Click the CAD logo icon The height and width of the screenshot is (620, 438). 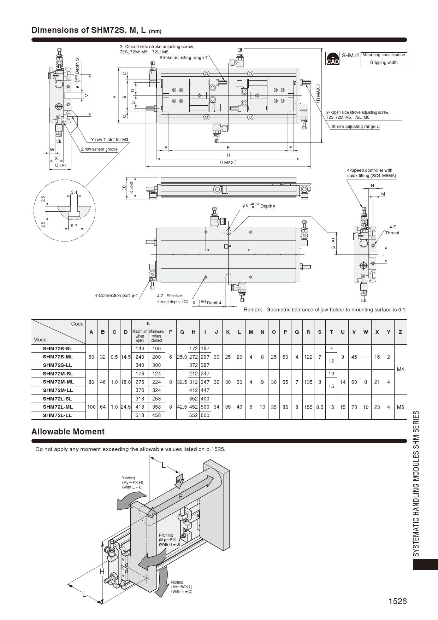click(x=332, y=59)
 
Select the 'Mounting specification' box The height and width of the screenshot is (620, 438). click(x=384, y=55)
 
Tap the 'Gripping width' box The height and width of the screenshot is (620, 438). click(x=384, y=63)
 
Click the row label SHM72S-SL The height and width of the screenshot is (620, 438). click(x=58, y=349)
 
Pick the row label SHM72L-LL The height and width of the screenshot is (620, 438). click(x=57, y=415)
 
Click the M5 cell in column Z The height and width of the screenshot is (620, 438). click(x=400, y=407)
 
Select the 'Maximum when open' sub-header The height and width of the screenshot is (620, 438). click(x=140, y=336)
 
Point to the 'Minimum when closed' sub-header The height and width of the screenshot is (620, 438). click(x=156, y=336)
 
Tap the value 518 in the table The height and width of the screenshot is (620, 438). click(x=140, y=415)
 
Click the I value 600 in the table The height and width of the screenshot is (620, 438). click(x=205, y=415)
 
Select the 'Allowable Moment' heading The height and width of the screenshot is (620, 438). click(x=68, y=432)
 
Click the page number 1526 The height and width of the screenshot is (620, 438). click(x=397, y=601)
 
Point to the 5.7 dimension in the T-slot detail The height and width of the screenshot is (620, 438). click(x=74, y=226)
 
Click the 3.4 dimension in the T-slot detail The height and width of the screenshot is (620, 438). click(x=74, y=193)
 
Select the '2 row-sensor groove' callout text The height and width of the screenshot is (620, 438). click(x=99, y=149)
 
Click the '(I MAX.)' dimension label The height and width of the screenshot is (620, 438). click(x=228, y=163)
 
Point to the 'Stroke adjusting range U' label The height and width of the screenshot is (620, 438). click(x=355, y=127)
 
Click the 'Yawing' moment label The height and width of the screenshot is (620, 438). click(x=129, y=478)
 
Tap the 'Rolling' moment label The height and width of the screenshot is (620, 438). click(x=177, y=582)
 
